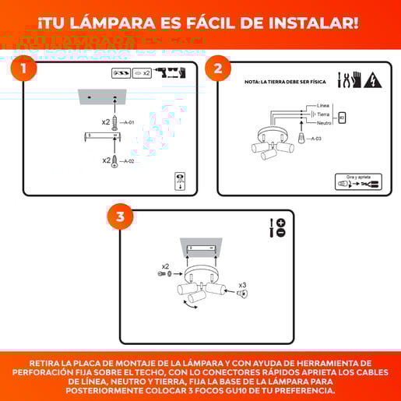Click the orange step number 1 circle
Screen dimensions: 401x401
tap(24, 69)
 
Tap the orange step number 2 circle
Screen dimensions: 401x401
tap(218, 69)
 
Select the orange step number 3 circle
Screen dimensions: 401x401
tap(120, 216)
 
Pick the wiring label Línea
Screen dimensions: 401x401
tap(322, 105)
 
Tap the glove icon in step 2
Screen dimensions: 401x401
tap(357, 79)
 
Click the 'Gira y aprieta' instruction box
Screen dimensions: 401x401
tap(358, 181)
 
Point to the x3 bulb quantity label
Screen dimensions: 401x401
tap(242, 285)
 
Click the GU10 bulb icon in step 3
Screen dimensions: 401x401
tap(232, 291)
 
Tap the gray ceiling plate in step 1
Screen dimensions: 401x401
tap(101, 98)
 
